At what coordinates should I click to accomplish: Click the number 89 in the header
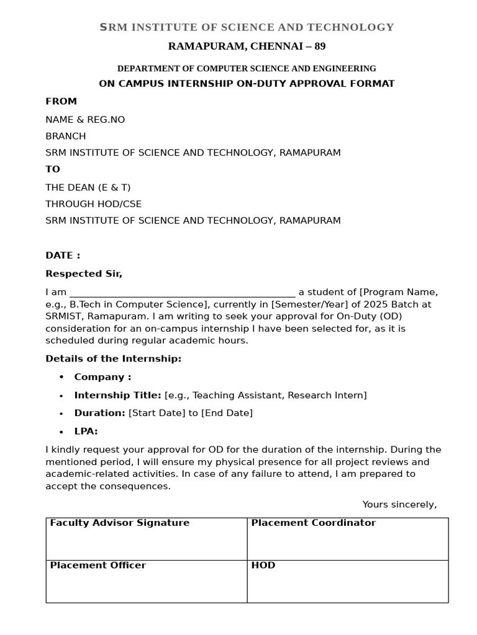[x=319, y=47]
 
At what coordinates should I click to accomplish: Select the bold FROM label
[x=61, y=102]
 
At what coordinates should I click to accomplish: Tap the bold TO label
[x=53, y=169]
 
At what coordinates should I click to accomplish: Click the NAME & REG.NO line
[x=85, y=120]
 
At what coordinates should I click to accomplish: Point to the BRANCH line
[x=66, y=136]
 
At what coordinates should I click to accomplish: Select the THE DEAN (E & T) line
[x=88, y=187]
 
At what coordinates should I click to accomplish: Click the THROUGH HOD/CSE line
[x=93, y=204]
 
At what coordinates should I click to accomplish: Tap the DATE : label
[x=63, y=255]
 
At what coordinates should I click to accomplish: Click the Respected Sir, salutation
[x=84, y=274]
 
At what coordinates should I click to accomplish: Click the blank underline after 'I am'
[x=182, y=293]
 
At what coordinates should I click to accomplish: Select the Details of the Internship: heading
[x=113, y=359]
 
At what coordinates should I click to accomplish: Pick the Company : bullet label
[x=102, y=377]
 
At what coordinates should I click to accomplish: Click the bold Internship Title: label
[x=117, y=396]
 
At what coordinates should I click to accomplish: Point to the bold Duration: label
[x=99, y=414]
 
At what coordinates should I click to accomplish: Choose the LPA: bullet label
[x=86, y=432]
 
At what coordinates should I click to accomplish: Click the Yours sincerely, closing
[x=399, y=505]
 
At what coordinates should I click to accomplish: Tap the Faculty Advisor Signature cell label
[x=119, y=523]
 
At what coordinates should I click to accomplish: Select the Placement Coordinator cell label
[x=313, y=523]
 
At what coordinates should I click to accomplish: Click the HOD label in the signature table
[x=263, y=566]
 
